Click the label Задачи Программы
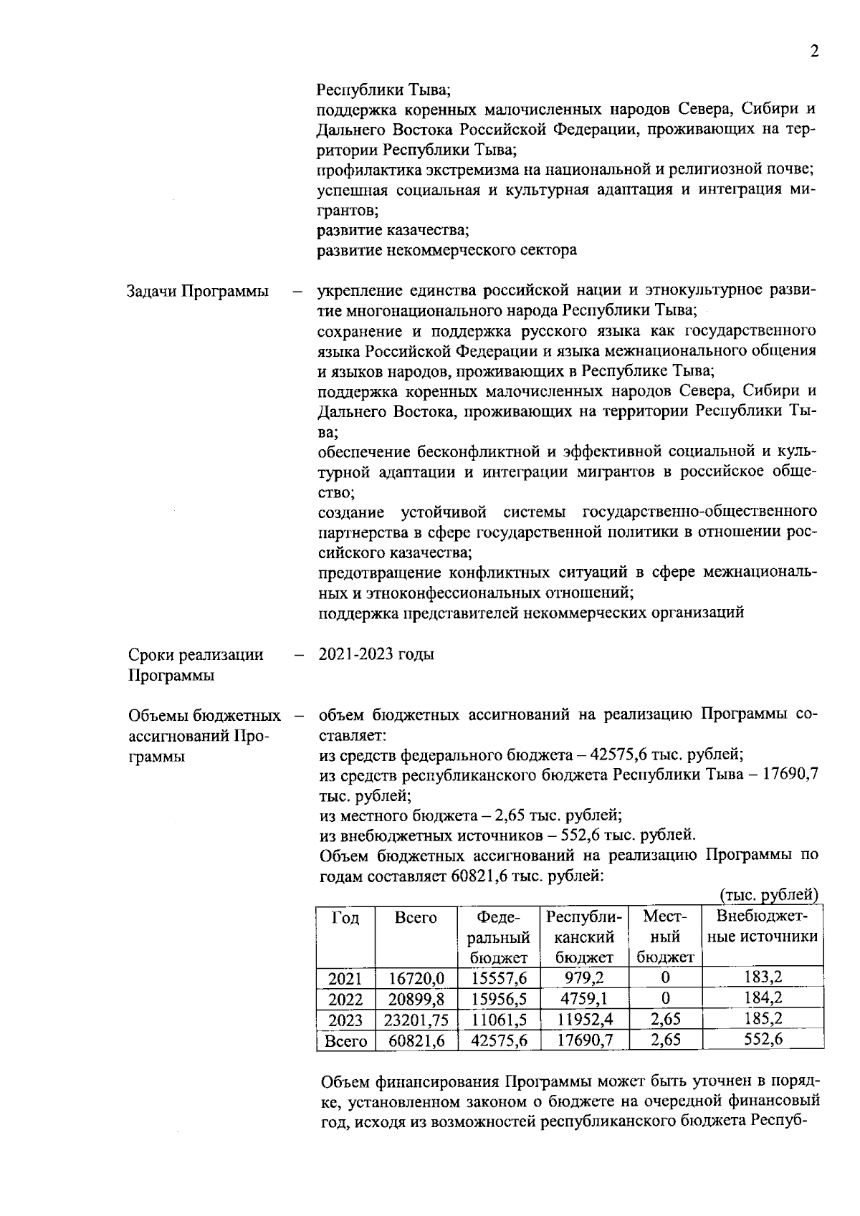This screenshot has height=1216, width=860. (x=198, y=292)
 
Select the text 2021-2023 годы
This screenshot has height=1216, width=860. (x=376, y=654)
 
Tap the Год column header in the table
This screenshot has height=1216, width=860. (x=345, y=918)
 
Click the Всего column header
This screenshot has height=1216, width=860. (x=416, y=918)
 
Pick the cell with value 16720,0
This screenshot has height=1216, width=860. (x=416, y=978)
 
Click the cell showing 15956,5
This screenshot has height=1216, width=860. (x=500, y=999)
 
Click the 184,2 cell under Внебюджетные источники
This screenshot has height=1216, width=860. (x=763, y=998)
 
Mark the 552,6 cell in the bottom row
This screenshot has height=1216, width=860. (x=763, y=1040)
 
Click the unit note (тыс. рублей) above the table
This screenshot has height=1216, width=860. (x=768, y=895)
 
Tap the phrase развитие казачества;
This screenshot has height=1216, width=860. (x=393, y=230)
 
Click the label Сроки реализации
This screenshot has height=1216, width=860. (x=196, y=655)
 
